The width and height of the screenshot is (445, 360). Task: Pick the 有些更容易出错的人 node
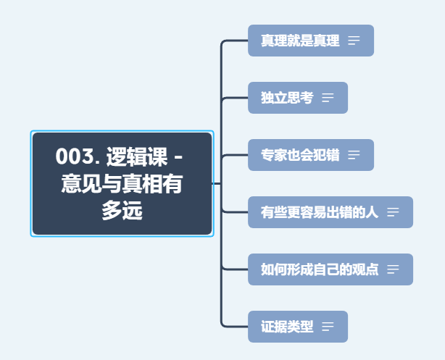click(x=320, y=212)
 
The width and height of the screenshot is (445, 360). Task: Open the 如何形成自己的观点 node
click(x=320, y=269)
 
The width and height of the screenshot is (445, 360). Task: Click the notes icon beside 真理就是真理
click(x=354, y=41)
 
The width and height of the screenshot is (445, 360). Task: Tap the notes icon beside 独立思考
click(x=328, y=98)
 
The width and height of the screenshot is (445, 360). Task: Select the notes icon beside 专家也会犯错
click(x=354, y=155)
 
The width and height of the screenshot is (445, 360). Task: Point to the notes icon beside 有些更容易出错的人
click(x=393, y=212)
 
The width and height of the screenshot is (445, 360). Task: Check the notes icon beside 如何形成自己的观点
click(x=393, y=269)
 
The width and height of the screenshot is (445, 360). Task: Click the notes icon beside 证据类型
click(x=328, y=327)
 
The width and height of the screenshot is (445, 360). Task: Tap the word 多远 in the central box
click(x=122, y=212)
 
